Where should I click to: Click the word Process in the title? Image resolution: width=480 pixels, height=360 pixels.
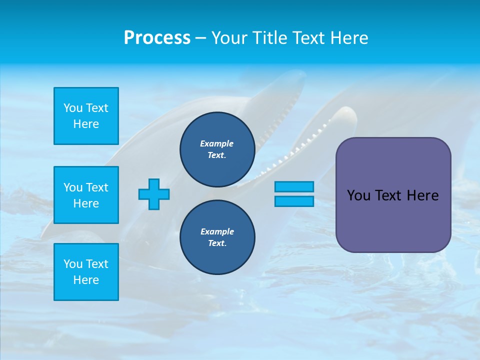coord(157,38)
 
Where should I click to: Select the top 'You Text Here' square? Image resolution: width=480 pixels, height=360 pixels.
coord(86,116)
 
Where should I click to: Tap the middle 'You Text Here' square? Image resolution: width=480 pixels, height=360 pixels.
coord(86,195)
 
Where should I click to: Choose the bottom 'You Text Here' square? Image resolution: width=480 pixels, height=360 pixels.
coord(86,272)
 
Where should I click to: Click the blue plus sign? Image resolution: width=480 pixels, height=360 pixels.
coord(154,194)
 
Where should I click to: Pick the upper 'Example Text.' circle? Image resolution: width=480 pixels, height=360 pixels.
coord(217,149)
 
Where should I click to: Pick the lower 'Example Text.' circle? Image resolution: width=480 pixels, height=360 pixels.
coord(217,237)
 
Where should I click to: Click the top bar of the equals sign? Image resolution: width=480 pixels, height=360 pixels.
coord(294,187)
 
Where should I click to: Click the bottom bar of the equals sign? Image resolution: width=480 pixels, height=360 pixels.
coord(294,201)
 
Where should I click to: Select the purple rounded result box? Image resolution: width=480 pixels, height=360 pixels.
coord(393,220)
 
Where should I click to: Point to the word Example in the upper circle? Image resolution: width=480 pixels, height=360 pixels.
coord(217,143)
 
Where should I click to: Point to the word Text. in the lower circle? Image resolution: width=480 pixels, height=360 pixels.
coord(217,243)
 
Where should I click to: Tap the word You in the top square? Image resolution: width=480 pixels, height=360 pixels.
coord(73,108)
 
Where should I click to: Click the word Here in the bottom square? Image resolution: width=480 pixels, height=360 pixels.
coord(86,280)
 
